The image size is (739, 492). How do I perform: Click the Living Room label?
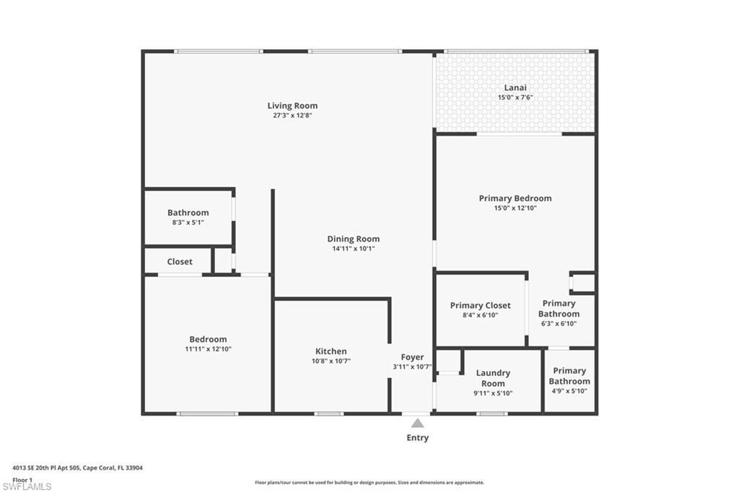292,105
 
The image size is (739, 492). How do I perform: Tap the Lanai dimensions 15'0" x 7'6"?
515,97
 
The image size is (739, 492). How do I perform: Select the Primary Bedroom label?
515,198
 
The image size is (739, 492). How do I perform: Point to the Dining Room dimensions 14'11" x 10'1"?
353,249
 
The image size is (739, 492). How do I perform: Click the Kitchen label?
331,351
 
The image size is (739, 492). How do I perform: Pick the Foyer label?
412,357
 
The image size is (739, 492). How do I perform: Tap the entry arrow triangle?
417,423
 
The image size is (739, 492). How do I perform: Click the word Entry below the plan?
417,438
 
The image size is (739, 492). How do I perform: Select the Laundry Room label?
493,378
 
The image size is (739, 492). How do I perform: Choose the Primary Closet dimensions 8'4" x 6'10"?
480,315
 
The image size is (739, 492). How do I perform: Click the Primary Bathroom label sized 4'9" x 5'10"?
569,376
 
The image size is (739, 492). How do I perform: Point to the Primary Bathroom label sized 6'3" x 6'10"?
559,309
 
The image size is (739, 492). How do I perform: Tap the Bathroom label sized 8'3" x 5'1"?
188,213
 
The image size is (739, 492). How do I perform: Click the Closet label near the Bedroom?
180,262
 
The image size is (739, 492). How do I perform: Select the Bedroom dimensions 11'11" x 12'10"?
208,349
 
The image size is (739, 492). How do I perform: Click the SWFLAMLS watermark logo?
27,486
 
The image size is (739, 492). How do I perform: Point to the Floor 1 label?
22,479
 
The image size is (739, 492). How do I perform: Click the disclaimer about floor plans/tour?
369,483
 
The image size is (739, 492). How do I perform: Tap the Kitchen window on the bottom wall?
329,413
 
